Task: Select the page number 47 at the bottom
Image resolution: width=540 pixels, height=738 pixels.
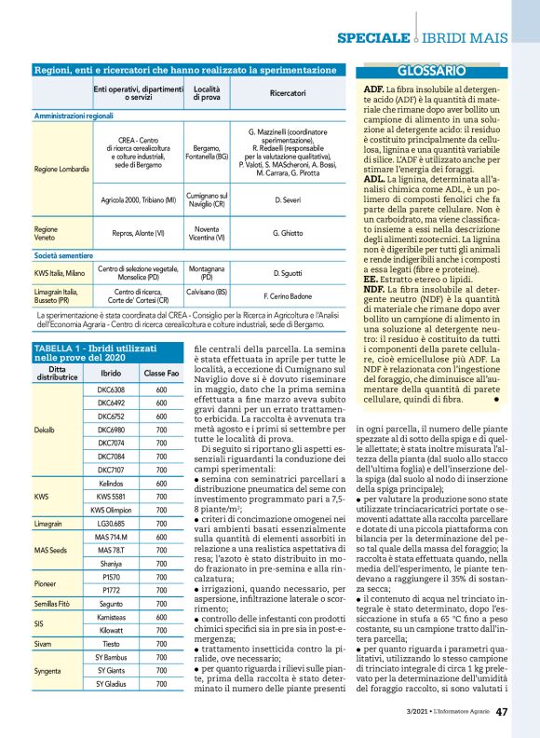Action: (502, 712)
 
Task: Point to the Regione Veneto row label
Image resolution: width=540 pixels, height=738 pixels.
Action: (46, 232)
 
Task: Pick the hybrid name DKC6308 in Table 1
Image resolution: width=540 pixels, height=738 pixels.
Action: (112, 389)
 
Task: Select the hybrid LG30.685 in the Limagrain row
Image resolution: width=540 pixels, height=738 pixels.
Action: (112, 525)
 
